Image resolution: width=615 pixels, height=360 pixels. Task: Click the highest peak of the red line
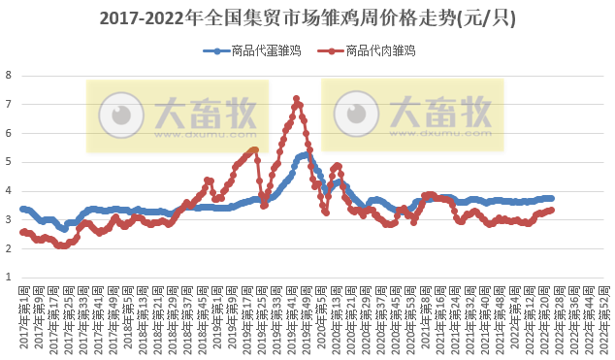pyautogui.click(x=296, y=98)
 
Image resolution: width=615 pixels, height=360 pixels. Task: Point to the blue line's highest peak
pyautogui.click(x=306, y=154)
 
